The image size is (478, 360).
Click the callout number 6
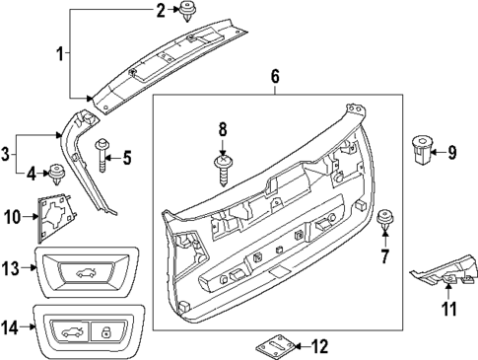276,76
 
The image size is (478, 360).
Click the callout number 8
223,128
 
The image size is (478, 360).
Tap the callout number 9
452,152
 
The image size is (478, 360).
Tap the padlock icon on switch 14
104,332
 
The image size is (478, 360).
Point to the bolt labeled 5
102,151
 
